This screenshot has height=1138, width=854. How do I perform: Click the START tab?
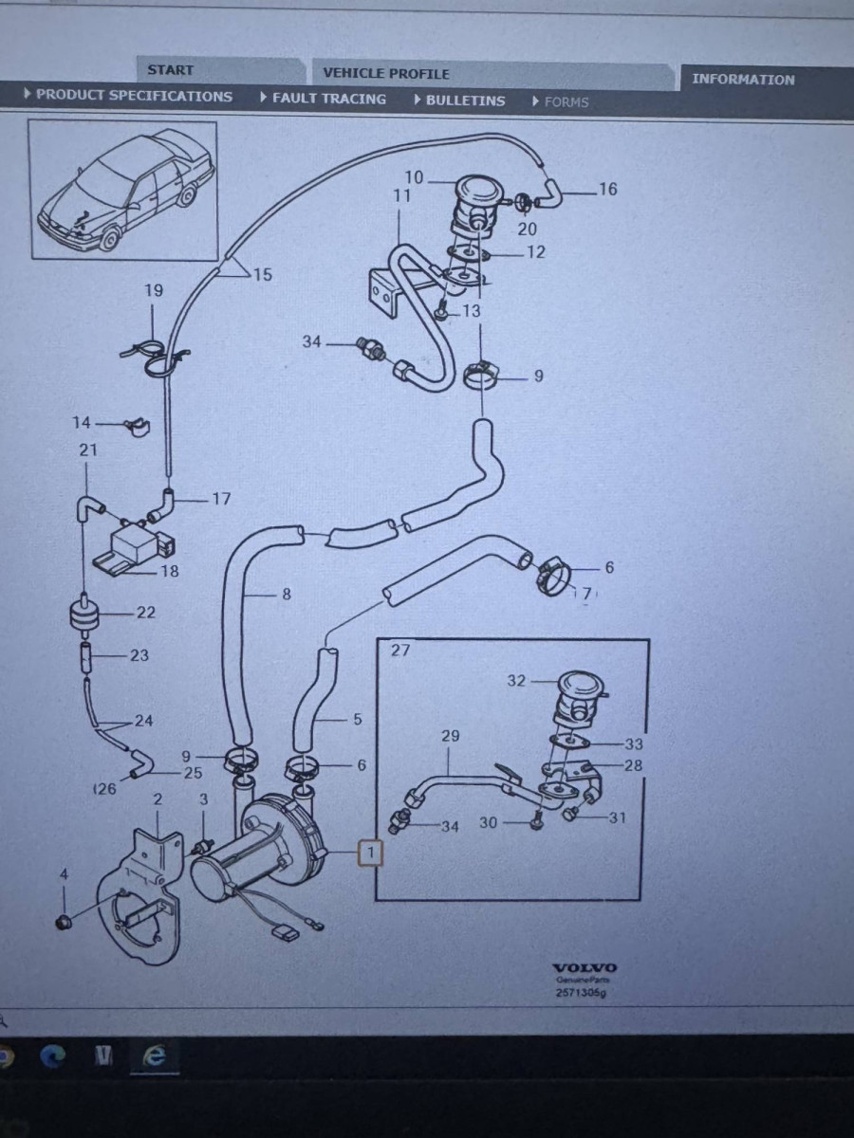tap(171, 70)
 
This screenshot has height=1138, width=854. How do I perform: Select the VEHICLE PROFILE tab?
tap(385, 73)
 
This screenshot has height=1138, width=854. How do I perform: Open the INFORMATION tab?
tap(743, 80)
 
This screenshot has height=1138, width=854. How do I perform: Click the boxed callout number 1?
tap(370, 853)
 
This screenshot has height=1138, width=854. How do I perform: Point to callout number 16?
tap(607, 189)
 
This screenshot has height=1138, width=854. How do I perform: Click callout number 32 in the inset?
tap(515, 681)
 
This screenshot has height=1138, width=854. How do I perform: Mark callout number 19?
tap(154, 290)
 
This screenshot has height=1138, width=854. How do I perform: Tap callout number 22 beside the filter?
tap(145, 613)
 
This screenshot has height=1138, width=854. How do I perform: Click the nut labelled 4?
tap(64, 922)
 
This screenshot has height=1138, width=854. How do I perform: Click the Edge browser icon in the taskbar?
tap(53, 1056)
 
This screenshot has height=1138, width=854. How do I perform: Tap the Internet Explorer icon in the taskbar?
tap(154, 1056)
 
